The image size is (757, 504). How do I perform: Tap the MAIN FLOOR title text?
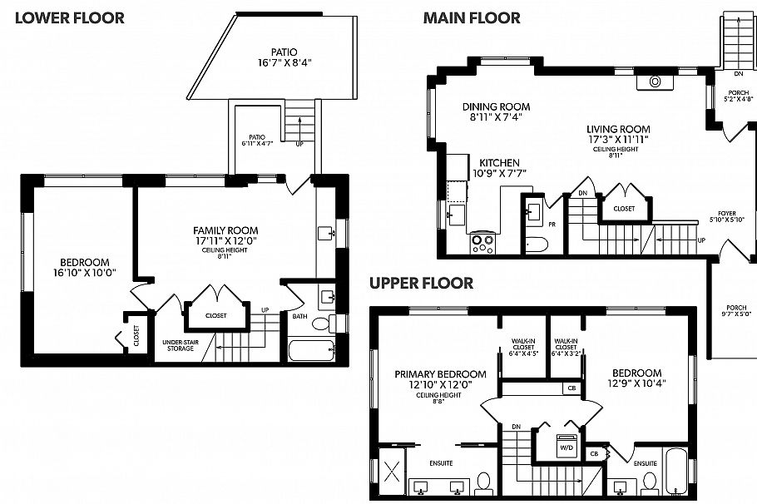click(472, 17)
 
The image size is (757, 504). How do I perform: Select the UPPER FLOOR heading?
click(422, 284)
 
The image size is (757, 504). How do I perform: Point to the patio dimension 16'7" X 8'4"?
click(289, 62)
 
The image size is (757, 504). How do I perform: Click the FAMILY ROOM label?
click(225, 230)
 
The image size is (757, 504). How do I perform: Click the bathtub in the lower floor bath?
click(310, 350)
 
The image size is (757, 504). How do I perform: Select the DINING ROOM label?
click(497, 106)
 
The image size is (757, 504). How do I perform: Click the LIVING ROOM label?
click(617, 129)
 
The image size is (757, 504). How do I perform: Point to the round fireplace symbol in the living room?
click(656, 82)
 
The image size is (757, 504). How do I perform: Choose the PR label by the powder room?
click(552, 225)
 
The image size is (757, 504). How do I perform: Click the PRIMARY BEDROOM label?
click(428, 374)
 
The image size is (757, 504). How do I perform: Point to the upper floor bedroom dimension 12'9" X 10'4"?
click(636, 384)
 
